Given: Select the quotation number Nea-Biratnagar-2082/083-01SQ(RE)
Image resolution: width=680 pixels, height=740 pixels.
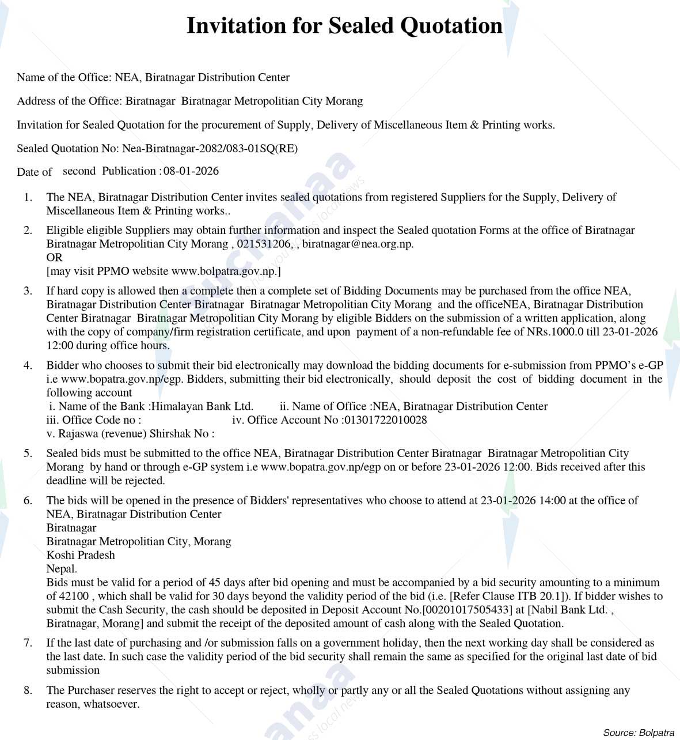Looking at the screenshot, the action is click(210, 148).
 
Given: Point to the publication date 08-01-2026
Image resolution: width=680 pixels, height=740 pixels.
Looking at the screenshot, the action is click(191, 171).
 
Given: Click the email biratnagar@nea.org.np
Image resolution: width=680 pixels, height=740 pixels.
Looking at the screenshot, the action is click(357, 244).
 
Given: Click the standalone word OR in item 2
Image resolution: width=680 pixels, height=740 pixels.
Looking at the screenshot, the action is click(54, 257).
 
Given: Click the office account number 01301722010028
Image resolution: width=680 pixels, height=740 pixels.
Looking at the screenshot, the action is click(385, 420).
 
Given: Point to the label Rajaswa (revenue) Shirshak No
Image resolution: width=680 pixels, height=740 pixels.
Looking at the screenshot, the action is click(127, 433).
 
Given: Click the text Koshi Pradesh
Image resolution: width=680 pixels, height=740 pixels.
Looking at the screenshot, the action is click(81, 555).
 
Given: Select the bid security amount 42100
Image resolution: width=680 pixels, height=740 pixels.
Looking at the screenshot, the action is click(74, 596).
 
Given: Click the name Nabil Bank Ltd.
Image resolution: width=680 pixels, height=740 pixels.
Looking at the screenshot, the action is click(570, 610).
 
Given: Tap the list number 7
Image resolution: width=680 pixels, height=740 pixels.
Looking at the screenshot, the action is click(28, 643).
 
